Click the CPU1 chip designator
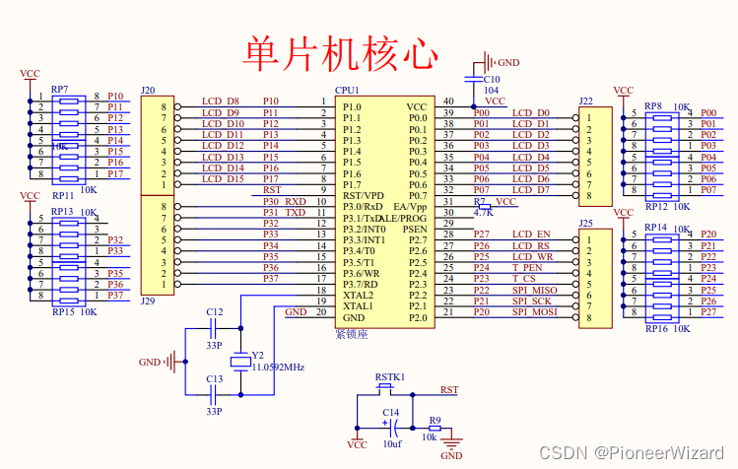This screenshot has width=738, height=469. [348, 90]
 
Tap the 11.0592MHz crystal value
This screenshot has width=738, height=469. [278, 366]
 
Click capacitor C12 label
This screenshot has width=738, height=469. [214, 311]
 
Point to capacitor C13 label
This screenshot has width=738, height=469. [214, 378]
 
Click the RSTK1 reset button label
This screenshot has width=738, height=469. [389, 377]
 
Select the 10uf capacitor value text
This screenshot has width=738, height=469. [390, 444]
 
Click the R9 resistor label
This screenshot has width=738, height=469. [435, 419]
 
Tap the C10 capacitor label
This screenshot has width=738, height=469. [491, 78]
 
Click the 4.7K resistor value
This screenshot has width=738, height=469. [483, 212]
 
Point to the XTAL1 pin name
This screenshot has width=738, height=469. [359, 305]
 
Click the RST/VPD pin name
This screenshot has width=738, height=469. [365, 195]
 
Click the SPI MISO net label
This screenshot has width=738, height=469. [534, 290]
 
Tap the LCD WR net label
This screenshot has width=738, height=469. [531, 257]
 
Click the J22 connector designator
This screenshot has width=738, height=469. [586, 101]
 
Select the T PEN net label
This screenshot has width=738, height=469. [527, 268]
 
